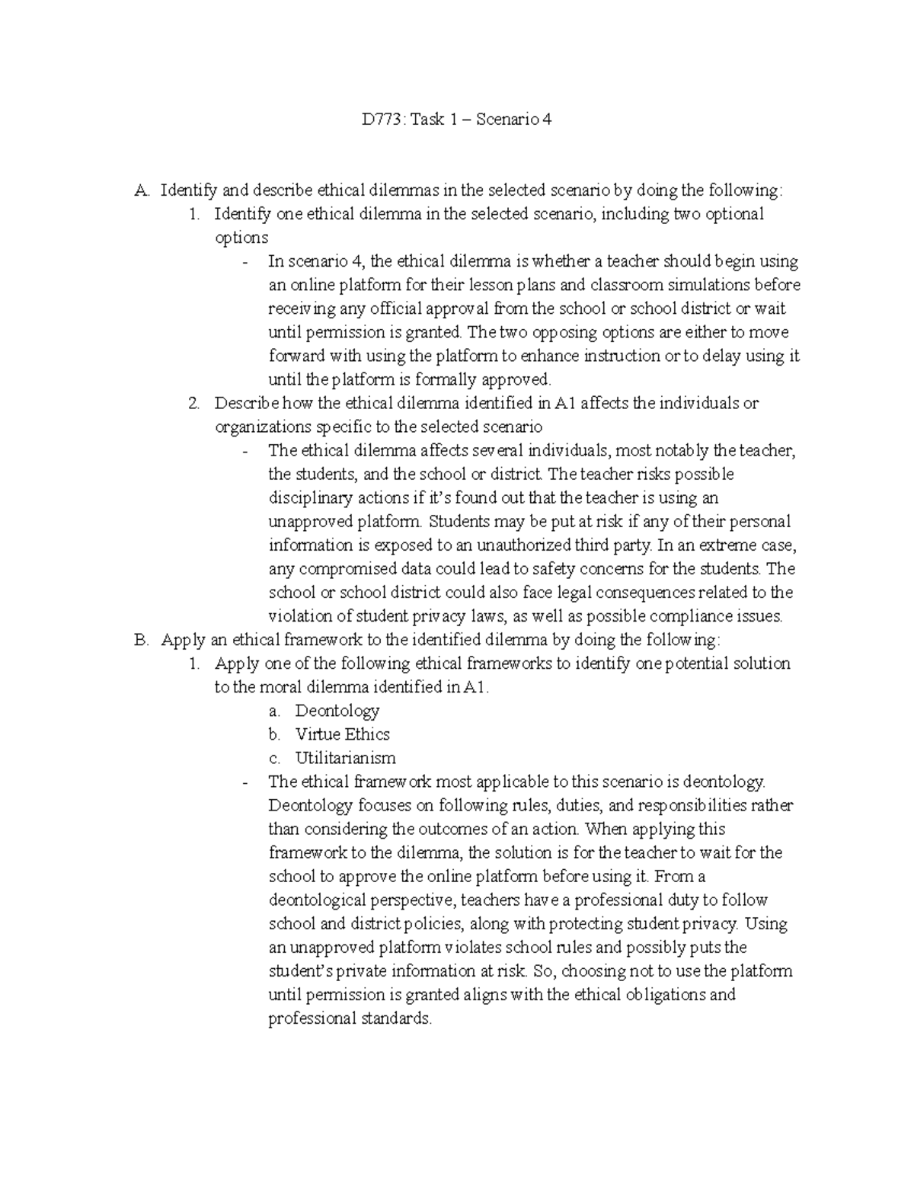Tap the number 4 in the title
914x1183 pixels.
click(x=545, y=120)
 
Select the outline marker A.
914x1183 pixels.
click(x=139, y=190)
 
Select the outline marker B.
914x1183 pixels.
click(x=139, y=639)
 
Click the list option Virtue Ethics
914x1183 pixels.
click(x=342, y=734)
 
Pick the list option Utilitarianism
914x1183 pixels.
click(x=345, y=758)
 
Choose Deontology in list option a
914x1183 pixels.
click(x=337, y=711)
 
